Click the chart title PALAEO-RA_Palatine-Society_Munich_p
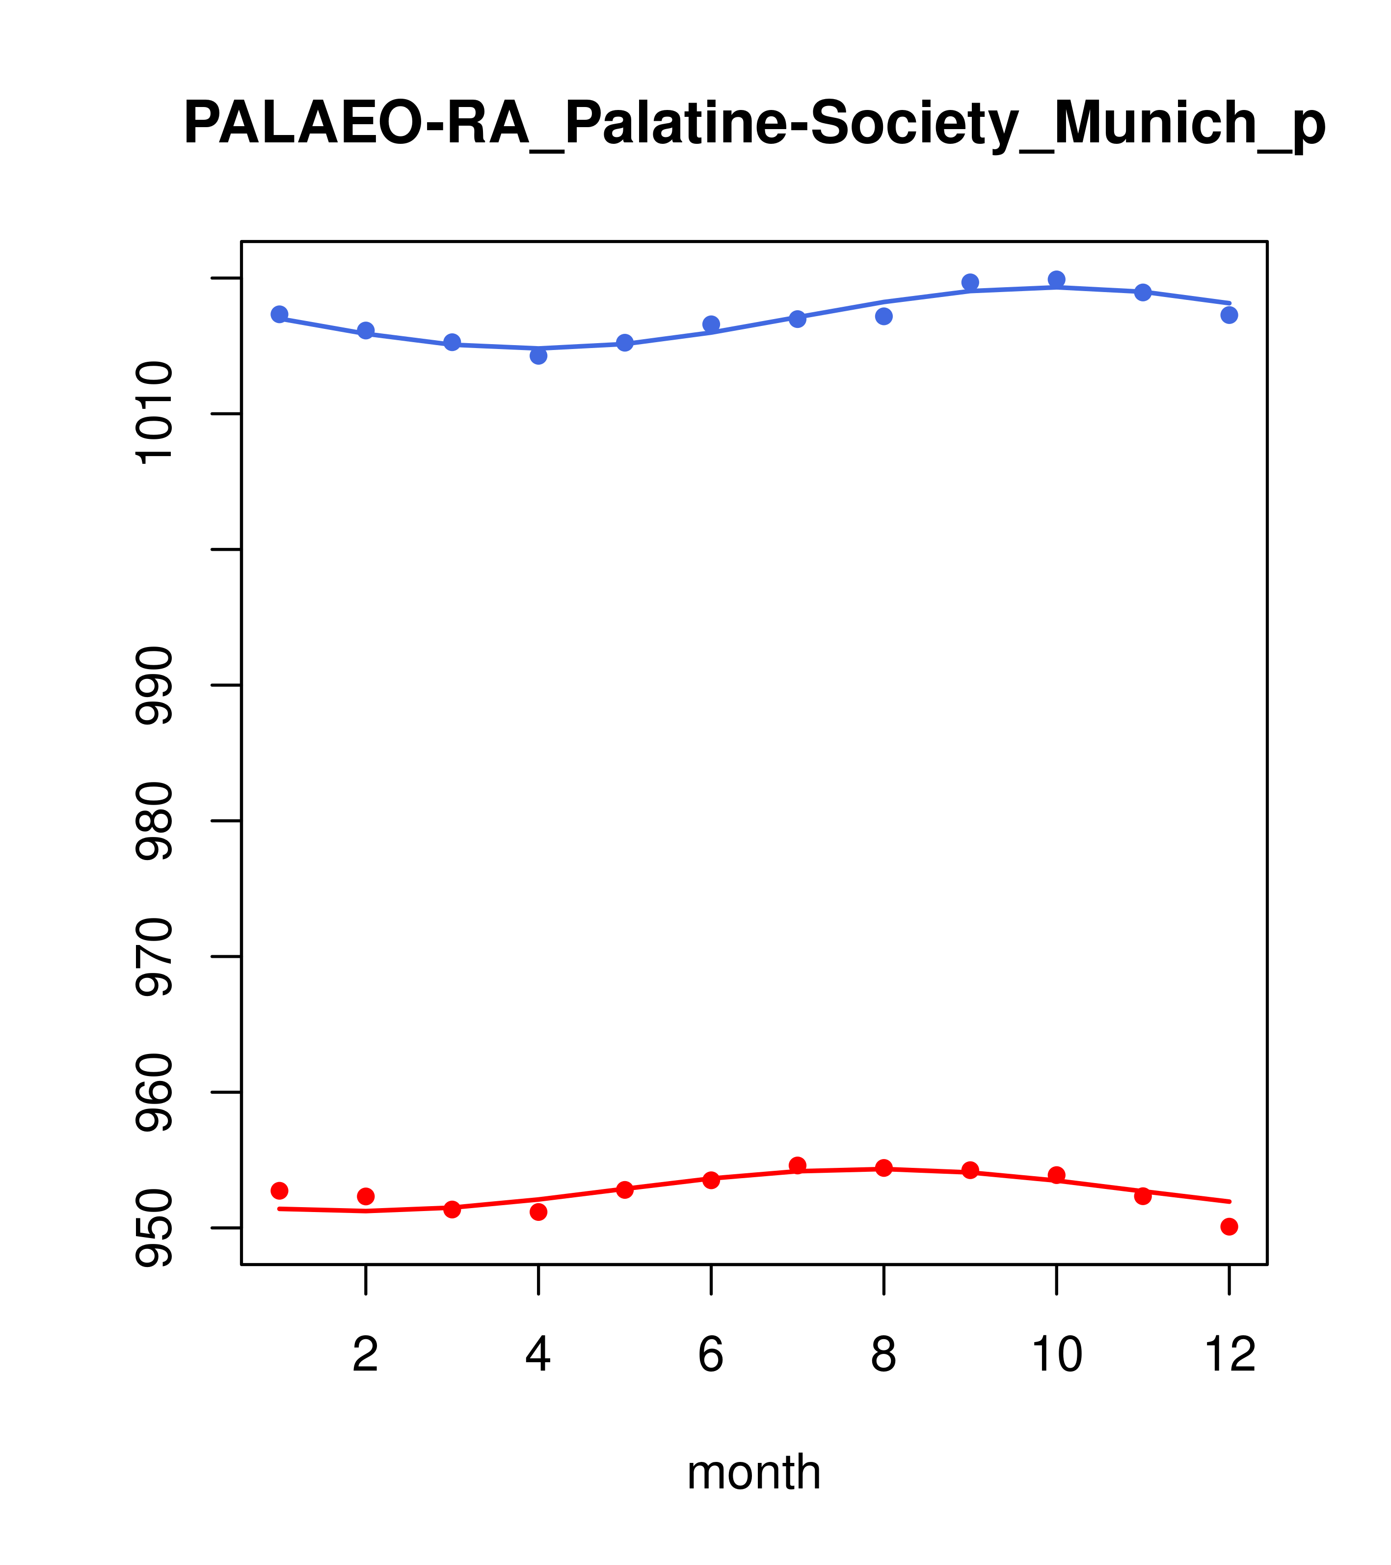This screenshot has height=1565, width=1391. (x=754, y=124)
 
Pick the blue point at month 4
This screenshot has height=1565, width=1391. (x=539, y=355)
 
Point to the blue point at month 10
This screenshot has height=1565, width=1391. (x=1056, y=279)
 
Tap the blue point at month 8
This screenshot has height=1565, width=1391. (x=884, y=316)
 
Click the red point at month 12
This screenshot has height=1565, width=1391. (x=1230, y=1227)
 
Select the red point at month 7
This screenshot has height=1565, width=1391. (x=798, y=1165)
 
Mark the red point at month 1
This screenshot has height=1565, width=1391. (x=279, y=1190)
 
